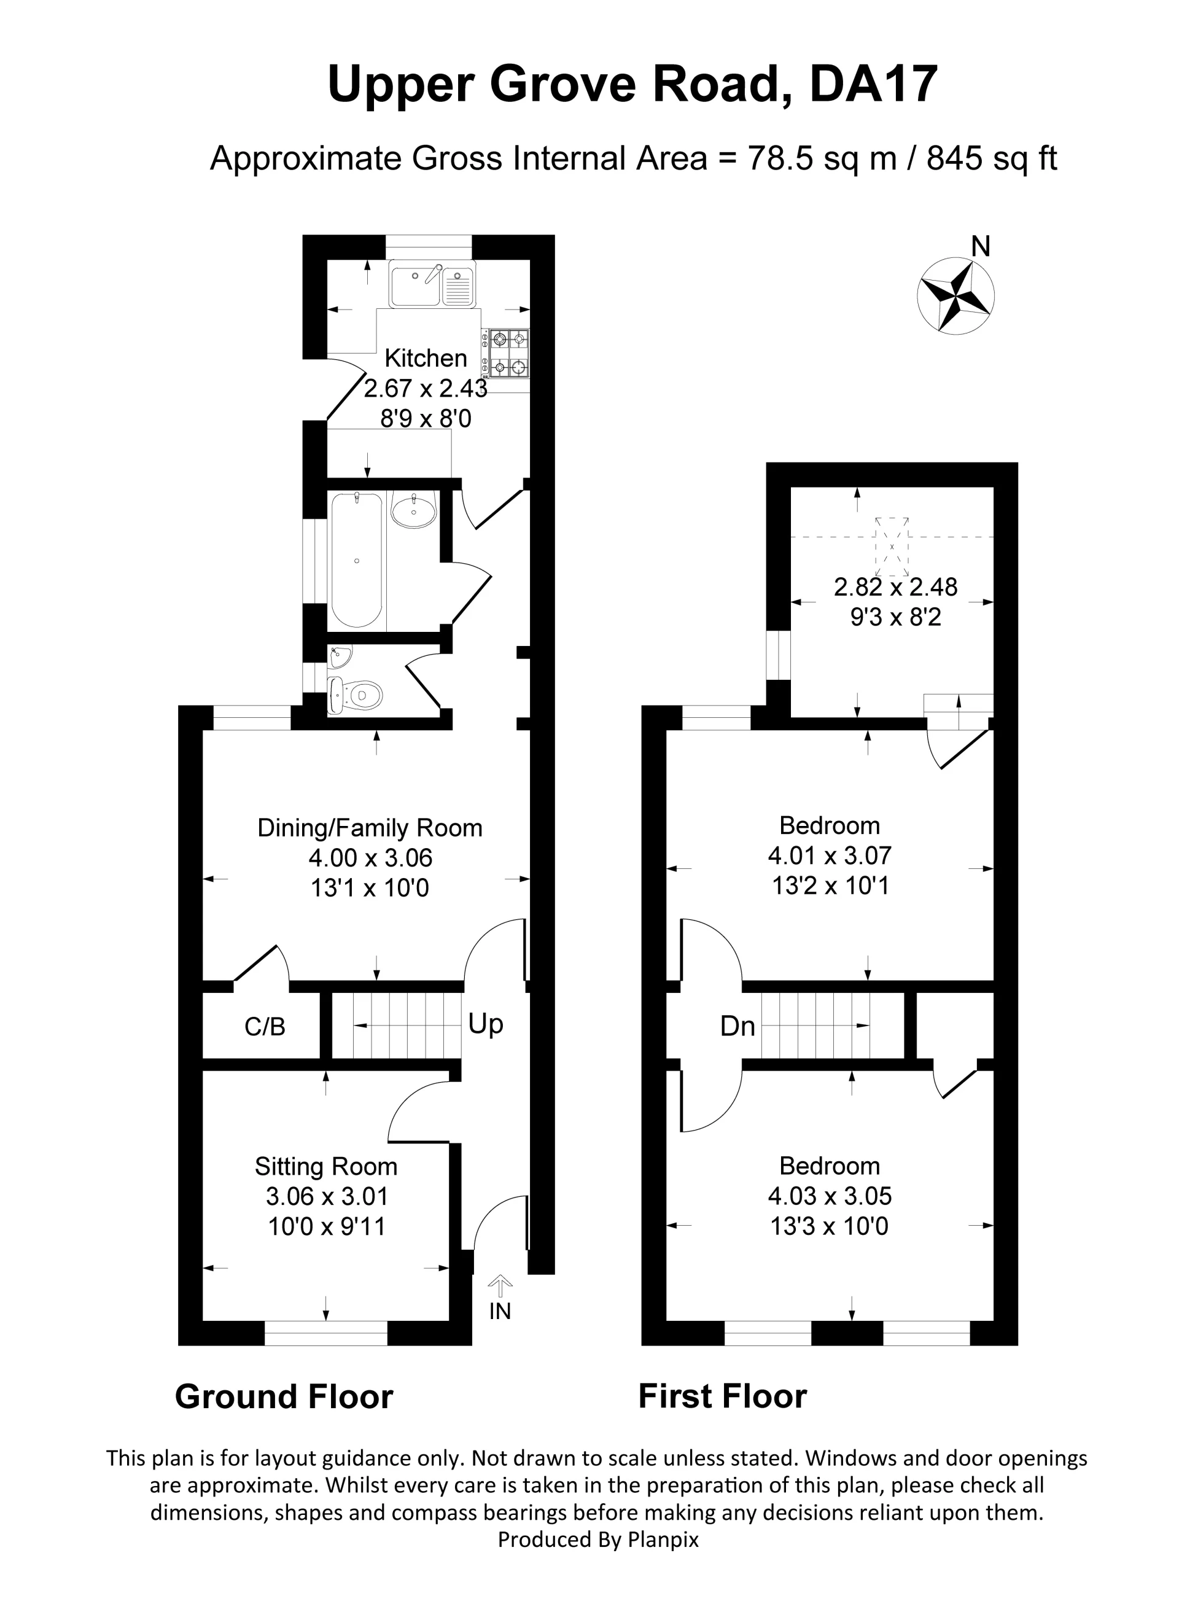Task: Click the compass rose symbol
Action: [x=955, y=295]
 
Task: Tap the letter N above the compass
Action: [x=981, y=247]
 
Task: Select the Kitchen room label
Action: [x=426, y=358]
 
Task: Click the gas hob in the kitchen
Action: [x=507, y=352]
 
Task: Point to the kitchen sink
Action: [x=432, y=283]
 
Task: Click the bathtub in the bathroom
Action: [x=356, y=561]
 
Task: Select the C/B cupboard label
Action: [x=265, y=1027]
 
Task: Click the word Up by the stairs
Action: [x=486, y=1024]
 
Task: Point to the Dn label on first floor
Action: [x=737, y=1026]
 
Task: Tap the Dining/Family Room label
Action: [x=370, y=828]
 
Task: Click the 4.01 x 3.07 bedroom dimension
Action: [x=830, y=855]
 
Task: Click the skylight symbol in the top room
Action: [x=892, y=547]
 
